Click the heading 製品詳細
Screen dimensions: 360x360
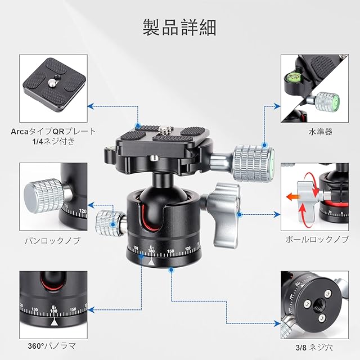pos(179,28)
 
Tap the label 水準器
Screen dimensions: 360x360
pos(321,132)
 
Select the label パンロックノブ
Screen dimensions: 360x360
pos(52,241)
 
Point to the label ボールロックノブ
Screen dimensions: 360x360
pos(317,240)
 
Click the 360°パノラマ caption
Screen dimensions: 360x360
pos(52,346)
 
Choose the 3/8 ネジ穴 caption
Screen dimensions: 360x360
pos(314,348)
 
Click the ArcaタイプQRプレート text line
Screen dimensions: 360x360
pos(53,132)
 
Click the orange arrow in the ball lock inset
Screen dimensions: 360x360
pos(293,197)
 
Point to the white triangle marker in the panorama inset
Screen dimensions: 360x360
pos(54,322)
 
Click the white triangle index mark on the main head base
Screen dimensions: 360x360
pos(151,262)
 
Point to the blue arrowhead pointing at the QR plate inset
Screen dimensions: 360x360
pos(91,106)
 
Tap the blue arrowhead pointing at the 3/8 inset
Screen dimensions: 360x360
pos(277,323)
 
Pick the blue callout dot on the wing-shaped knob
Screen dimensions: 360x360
pos(240,215)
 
